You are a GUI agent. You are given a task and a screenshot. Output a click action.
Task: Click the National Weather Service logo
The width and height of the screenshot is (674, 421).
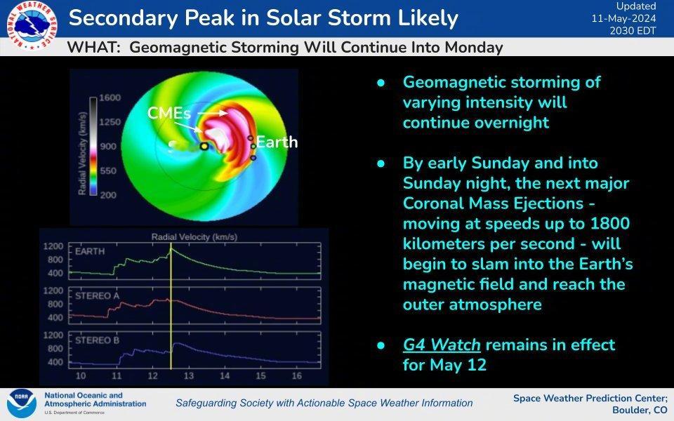pyautogui.click(x=32, y=26)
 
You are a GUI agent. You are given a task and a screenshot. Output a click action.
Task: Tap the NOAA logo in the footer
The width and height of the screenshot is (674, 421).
pyautogui.click(x=22, y=403)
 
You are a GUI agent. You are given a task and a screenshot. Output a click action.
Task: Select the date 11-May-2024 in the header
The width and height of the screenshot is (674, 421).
pyautogui.click(x=623, y=18)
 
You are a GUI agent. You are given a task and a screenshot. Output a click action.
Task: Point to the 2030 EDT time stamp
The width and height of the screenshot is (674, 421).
pyautogui.click(x=633, y=30)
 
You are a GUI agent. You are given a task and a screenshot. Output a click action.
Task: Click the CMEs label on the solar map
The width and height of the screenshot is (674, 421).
pyautogui.click(x=169, y=113)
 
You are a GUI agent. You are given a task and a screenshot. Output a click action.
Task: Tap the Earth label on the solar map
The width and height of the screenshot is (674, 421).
pyautogui.click(x=277, y=142)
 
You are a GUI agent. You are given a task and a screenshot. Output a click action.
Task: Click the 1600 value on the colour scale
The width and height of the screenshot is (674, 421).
pyautogui.click(x=110, y=98)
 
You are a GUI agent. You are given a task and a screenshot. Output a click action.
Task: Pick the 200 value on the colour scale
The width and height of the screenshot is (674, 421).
pyautogui.click(x=108, y=195)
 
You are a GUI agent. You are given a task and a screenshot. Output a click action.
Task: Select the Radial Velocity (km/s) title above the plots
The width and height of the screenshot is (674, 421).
pyautogui.click(x=194, y=236)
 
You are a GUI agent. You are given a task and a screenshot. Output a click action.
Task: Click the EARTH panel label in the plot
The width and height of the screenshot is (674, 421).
pyautogui.click(x=90, y=251)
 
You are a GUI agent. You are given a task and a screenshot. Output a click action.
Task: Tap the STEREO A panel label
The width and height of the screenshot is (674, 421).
pyautogui.click(x=97, y=295)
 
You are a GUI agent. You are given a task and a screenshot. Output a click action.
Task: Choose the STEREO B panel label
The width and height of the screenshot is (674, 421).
pyautogui.click(x=97, y=340)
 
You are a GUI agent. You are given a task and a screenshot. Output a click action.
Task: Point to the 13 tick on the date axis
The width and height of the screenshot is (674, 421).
pyautogui.click(x=189, y=376)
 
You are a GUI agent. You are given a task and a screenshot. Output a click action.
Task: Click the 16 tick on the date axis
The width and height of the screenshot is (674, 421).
pyautogui.click(x=296, y=376)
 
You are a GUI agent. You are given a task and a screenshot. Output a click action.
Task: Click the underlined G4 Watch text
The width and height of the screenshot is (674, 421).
pyautogui.click(x=442, y=345)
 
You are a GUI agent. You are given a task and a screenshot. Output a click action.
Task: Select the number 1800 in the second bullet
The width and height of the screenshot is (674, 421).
pyautogui.click(x=609, y=223)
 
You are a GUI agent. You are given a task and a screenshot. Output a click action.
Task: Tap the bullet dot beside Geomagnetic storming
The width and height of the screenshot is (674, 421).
pyautogui.click(x=381, y=83)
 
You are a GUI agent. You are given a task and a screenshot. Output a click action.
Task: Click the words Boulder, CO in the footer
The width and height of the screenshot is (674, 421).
pyautogui.click(x=640, y=410)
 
